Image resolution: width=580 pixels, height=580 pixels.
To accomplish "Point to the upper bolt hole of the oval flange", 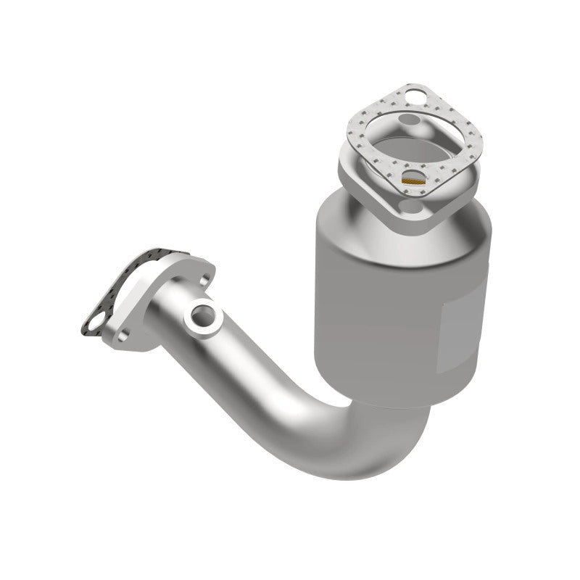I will coord(204,278).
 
